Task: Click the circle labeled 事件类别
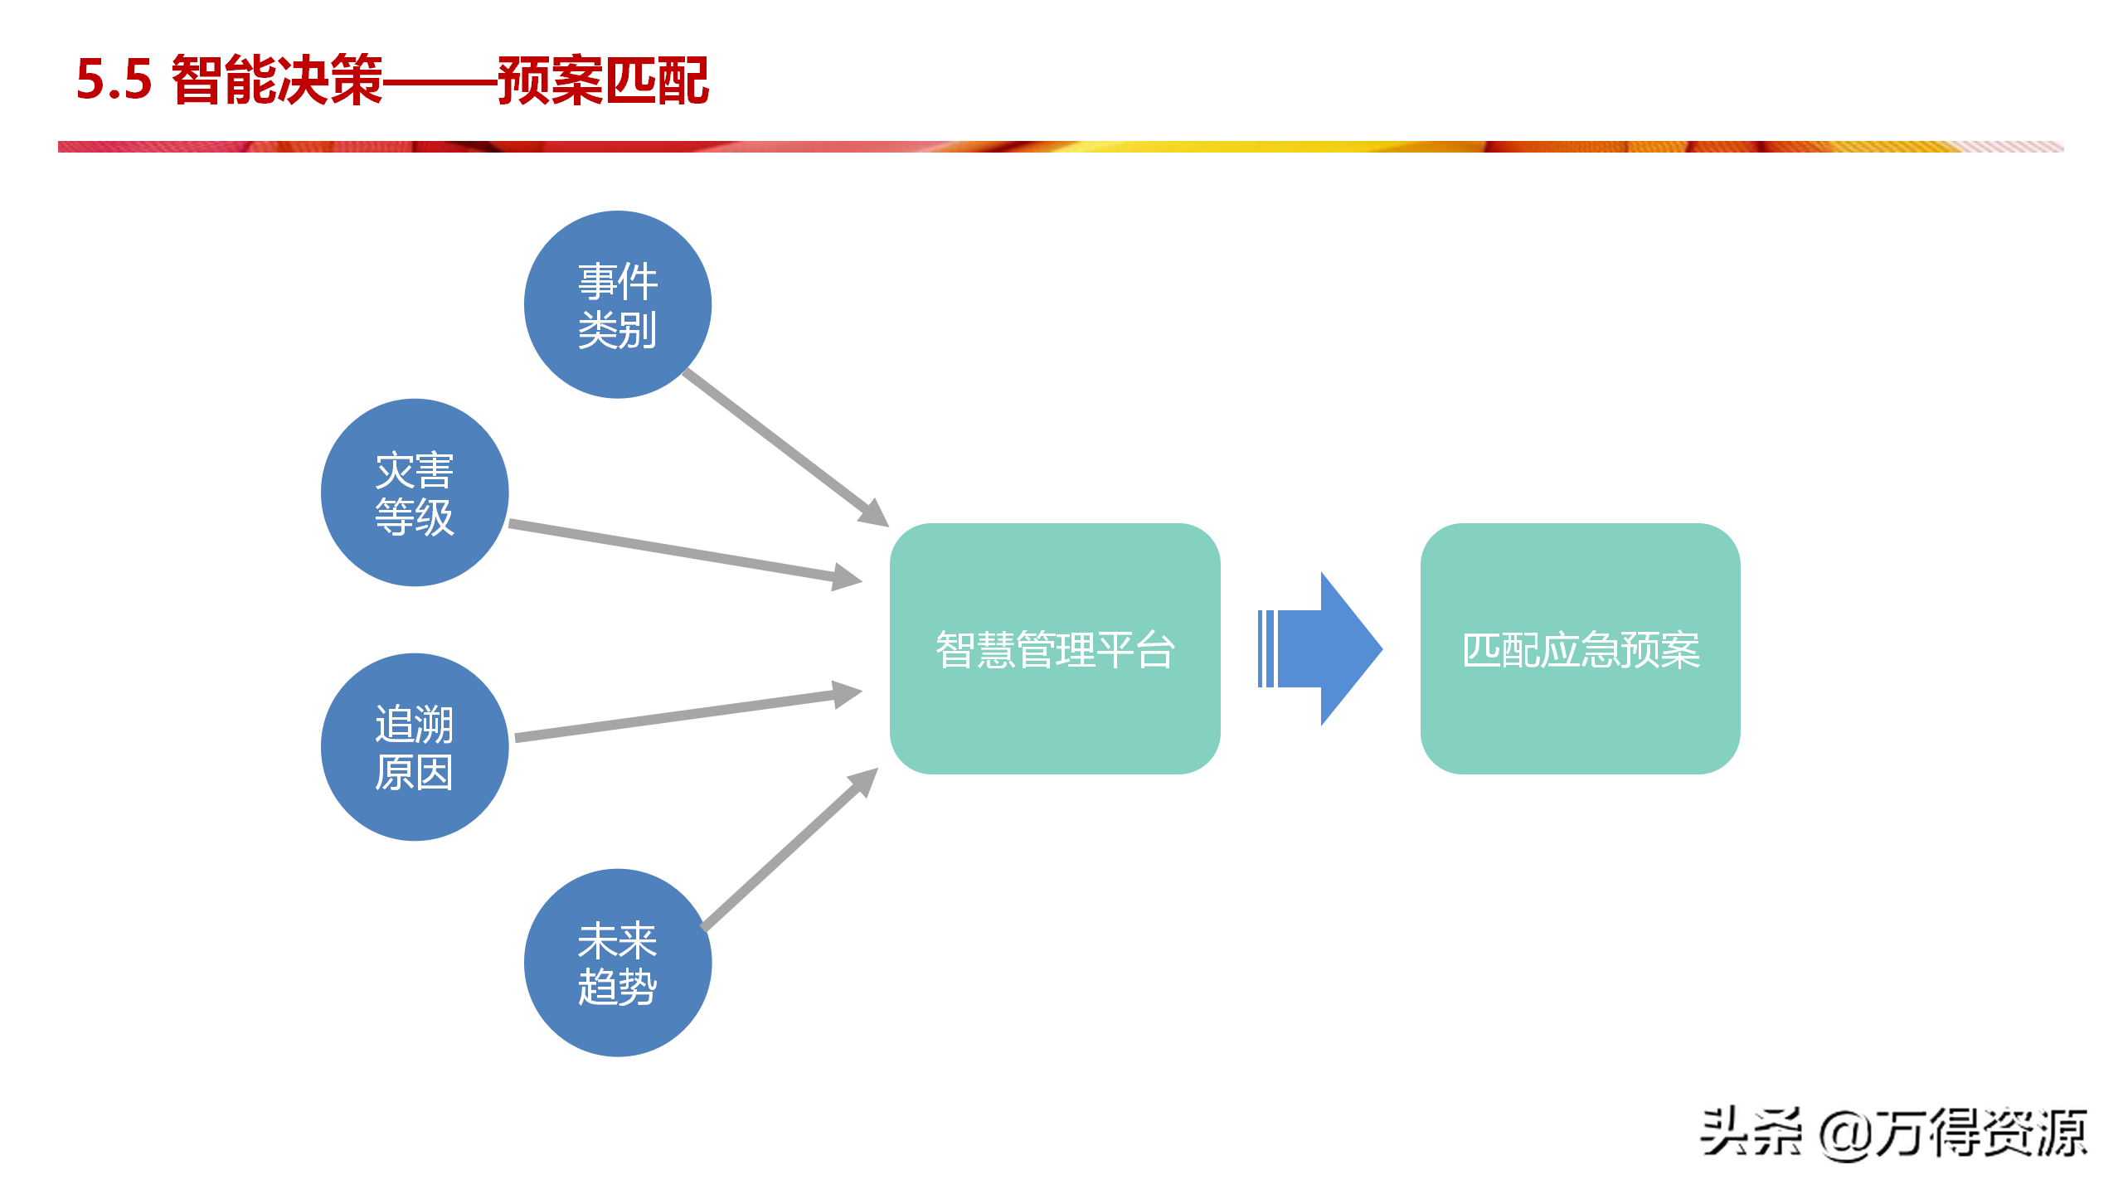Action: tap(618, 304)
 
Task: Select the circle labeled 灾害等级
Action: tap(415, 493)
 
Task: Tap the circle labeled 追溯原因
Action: tap(415, 747)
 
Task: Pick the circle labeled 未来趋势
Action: tap(618, 963)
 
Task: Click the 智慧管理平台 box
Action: tap(1055, 648)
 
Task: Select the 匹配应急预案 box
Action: tap(1581, 648)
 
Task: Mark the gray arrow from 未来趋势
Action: tap(789, 849)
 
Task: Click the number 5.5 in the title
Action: tap(114, 80)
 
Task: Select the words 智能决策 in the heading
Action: tap(278, 80)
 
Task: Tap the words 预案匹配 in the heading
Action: tap(604, 80)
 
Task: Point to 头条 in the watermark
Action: tap(1751, 1133)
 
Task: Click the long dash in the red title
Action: tap(440, 82)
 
